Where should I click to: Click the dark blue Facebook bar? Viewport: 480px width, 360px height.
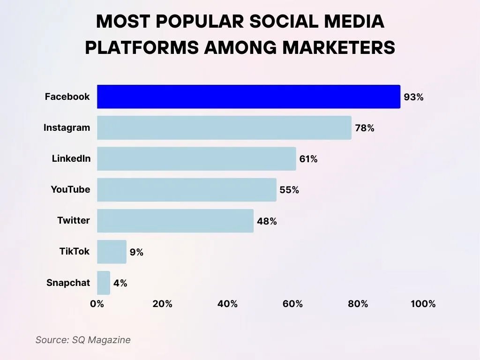point(248,97)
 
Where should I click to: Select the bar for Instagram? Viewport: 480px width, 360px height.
point(224,127)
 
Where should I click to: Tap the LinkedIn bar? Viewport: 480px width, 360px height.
point(196,158)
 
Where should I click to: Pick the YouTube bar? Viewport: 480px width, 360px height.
point(187,189)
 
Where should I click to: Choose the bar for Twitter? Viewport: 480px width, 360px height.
point(175,221)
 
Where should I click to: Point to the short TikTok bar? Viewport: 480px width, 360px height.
point(112,252)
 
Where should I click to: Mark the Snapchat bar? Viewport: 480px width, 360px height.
point(104,283)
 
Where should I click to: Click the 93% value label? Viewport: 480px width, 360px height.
point(413,97)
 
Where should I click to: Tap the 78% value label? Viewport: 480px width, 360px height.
point(364,128)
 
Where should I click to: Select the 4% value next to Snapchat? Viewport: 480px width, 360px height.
point(120,283)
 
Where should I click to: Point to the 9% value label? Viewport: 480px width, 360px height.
point(136,252)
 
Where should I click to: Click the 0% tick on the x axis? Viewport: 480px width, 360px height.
point(97,304)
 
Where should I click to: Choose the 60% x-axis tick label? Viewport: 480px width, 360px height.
point(292,304)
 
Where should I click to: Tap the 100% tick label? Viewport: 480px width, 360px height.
point(423,304)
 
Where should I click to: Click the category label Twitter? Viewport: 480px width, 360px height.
point(74,220)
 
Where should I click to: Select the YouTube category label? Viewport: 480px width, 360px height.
point(70,189)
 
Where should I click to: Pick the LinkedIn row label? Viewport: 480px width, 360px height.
point(71,158)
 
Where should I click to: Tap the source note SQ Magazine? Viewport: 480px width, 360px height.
point(101,340)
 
